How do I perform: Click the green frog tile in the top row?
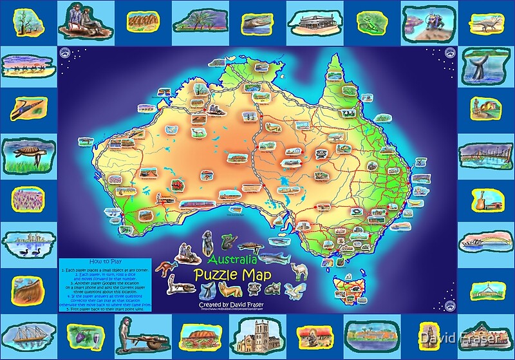pyautogui.click(x=371, y=22)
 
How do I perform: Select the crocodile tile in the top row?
pyautogui.click(x=257, y=22)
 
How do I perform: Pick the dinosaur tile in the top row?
pyautogui.click(x=486, y=22)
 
